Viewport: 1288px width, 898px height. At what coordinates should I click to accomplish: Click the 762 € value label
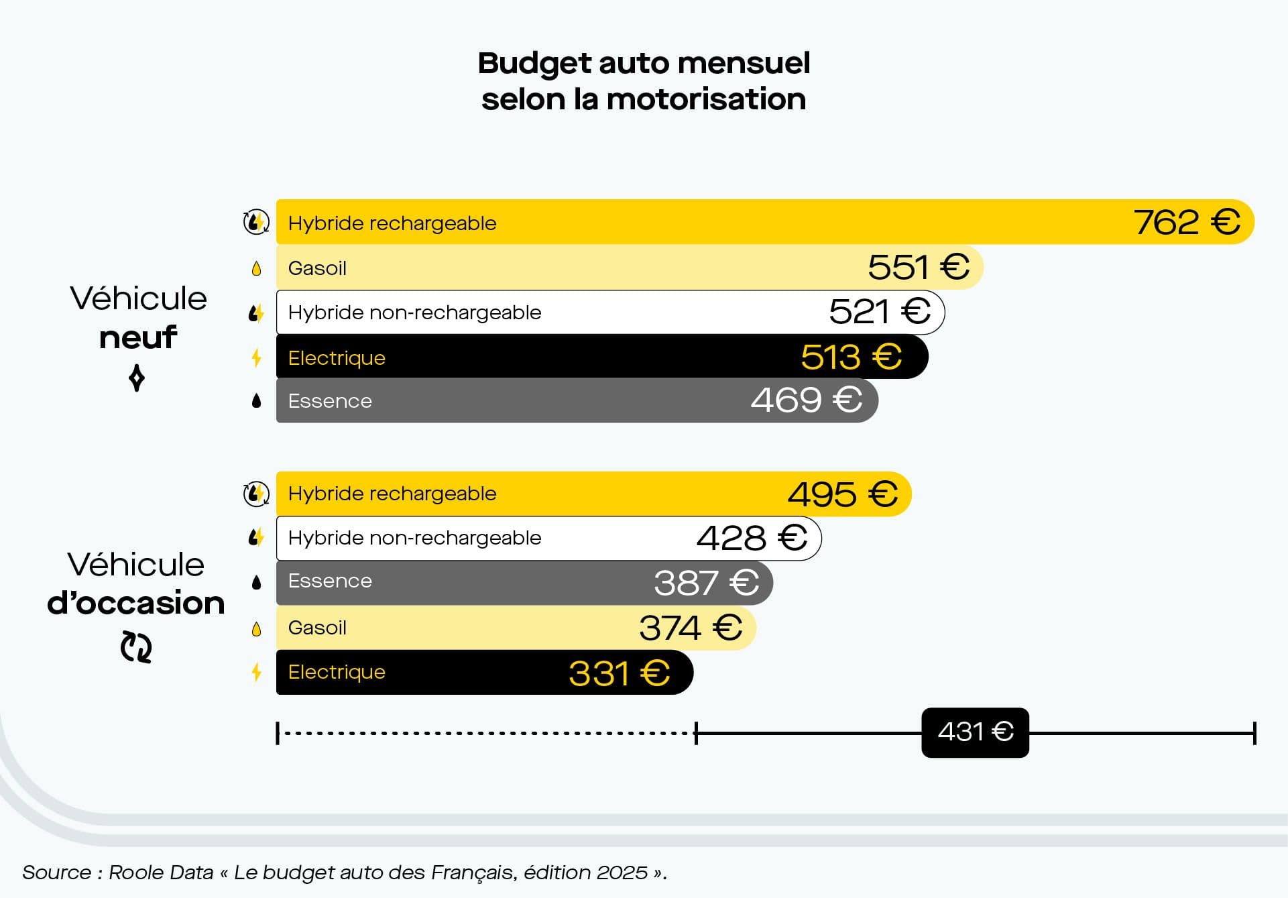point(1186,222)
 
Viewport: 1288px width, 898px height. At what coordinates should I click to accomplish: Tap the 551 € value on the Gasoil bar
point(918,267)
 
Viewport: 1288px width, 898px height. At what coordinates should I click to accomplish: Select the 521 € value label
point(879,312)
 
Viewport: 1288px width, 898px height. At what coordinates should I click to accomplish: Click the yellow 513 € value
point(851,357)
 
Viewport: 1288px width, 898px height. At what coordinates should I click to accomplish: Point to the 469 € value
point(806,400)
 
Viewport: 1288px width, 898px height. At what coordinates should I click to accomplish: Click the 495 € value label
point(842,494)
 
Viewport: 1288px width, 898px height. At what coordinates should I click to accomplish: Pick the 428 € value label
point(751,538)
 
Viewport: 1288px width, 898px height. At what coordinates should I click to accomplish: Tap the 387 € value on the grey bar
point(706,582)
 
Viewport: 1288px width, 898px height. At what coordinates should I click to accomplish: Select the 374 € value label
point(690,628)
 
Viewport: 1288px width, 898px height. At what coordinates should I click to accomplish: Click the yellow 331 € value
point(618,673)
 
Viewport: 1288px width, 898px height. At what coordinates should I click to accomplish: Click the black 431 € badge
point(975,732)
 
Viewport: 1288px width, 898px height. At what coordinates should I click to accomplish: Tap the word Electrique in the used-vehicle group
point(337,672)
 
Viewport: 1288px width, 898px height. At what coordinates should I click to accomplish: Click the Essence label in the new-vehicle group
point(329,401)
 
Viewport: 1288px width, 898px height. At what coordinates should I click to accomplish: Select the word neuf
point(138,337)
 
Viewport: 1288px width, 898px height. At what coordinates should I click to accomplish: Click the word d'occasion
point(136,603)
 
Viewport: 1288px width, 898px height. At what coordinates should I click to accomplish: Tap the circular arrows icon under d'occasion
point(136,647)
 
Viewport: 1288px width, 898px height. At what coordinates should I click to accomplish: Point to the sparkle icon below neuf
point(137,378)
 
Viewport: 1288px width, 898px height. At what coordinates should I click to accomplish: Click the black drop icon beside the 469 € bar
point(256,401)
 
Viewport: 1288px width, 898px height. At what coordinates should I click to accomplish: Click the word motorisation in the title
point(705,99)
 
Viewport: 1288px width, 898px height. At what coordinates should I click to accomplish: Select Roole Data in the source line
point(161,873)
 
